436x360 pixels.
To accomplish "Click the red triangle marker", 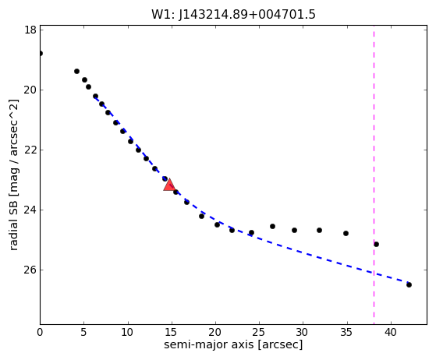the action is point(169,185).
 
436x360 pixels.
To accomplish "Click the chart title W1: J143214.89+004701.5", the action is point(233,14).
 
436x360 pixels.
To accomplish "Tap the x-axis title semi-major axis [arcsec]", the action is point(233,344).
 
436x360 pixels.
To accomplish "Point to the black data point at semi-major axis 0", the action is point(41,53).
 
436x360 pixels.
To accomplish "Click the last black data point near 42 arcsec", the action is point(409,284).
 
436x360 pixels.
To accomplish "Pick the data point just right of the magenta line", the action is point(376,244).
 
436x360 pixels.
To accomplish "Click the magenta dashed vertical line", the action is point(374,175).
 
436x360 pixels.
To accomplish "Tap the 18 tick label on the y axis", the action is point(30,30).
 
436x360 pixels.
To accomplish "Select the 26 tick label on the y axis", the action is point(30,270).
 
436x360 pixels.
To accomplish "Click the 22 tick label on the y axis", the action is point(30,150).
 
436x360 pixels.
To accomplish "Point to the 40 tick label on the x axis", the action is point(391,332).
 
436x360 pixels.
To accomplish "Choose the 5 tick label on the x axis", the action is point(84,332).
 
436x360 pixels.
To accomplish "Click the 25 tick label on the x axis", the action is point(259,332).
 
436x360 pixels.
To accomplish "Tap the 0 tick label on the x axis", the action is point(40,332).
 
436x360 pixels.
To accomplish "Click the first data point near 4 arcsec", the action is point(76,72).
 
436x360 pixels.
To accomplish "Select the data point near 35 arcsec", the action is point(346,233).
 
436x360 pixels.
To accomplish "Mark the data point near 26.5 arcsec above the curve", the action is point(272,227).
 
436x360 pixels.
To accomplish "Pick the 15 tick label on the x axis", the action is point(172,332).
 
